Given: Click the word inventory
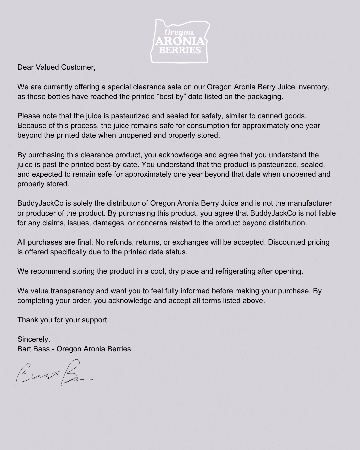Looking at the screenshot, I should tap(313, 87).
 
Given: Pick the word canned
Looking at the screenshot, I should tap(269, 116).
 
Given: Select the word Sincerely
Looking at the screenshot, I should tap(33, 339).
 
